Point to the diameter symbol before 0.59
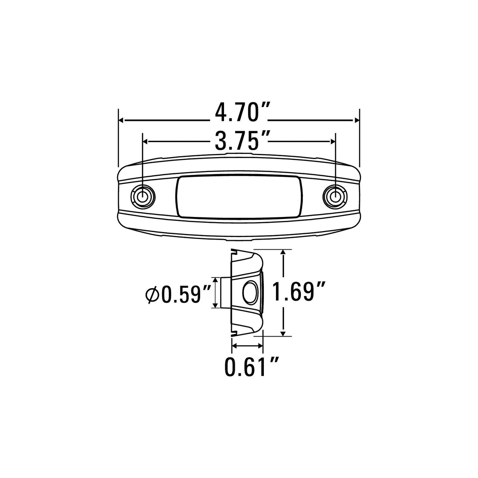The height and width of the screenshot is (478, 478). pyautogui.click(x=152, y=295)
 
